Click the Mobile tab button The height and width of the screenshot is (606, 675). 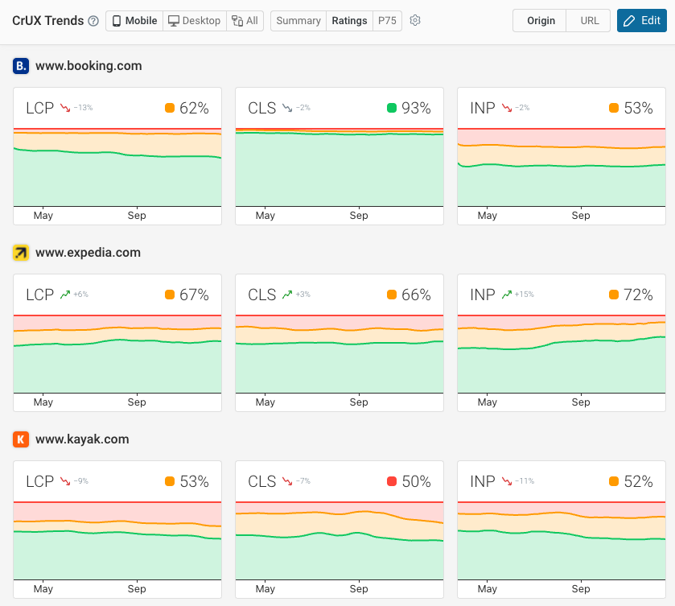[134, 21]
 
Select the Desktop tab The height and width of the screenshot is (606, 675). [194, 21]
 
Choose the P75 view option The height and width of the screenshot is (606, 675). [387, 21]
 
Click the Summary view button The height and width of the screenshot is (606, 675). [298, 21]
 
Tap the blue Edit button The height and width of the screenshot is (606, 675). [641, 21]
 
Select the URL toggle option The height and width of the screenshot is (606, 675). [589, 21]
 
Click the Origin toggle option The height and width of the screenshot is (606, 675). [541, 21]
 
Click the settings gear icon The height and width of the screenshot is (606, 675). [415, 21]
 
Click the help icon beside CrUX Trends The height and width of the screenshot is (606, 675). [93, 21]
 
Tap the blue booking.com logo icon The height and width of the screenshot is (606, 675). [21, 66]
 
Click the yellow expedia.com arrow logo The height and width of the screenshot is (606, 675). [21, 253]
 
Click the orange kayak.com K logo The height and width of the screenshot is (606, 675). [21, 439]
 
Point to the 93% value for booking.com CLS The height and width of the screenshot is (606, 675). [416, 108]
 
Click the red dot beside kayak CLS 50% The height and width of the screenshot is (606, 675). [392, 481]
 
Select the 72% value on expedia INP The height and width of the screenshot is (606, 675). [638, 295]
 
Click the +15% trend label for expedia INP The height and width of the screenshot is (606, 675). [525, 295]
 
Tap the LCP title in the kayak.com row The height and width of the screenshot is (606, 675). [39, 481]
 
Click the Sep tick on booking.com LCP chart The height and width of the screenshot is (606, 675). [137, 216]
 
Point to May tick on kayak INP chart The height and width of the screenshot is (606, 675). [487, 589]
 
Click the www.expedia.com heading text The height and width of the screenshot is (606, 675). [88, 253]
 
